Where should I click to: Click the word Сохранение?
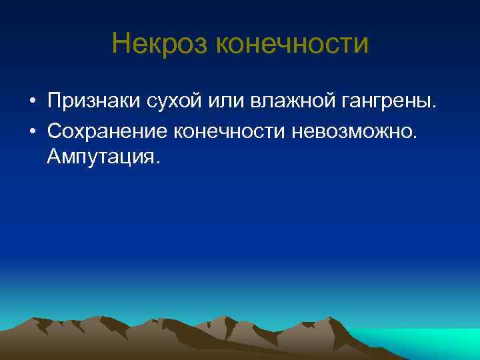(x=107, y=130)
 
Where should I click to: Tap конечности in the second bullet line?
(x=229, y=130)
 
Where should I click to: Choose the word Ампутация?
(x=103, y=158)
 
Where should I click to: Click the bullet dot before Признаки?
(x=31, y=102)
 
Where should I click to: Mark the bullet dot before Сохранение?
(x=31, y=131)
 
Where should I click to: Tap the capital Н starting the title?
(x=121, y=44)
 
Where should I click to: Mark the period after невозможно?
(x=417, y=136)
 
